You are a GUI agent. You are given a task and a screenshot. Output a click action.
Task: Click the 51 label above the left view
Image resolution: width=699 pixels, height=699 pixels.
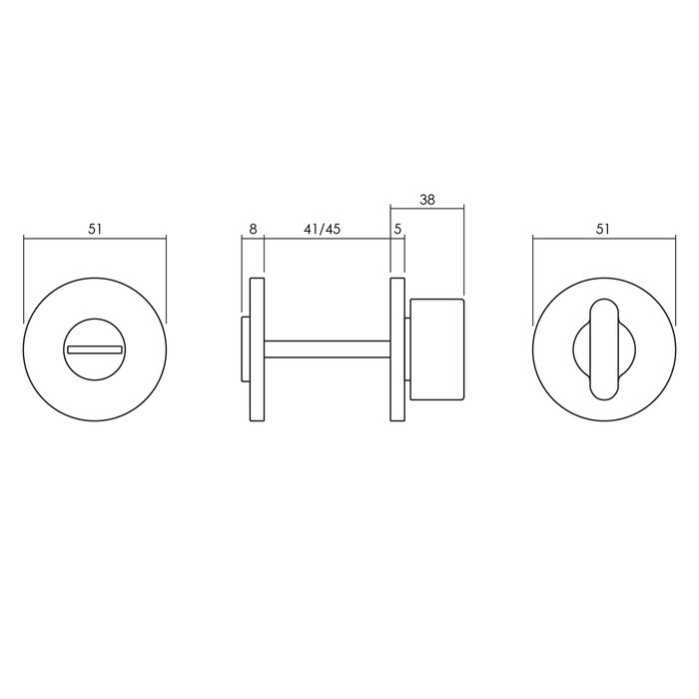point(95,229)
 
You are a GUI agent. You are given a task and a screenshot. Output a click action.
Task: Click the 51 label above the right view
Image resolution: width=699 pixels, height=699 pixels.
point(602,229)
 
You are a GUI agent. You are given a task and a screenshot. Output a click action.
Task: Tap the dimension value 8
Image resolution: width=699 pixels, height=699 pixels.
point(253,229)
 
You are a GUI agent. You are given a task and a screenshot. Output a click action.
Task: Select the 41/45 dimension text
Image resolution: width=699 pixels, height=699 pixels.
point(322,229)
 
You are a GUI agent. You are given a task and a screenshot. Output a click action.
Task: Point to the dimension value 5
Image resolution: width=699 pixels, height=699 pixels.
point(397,229)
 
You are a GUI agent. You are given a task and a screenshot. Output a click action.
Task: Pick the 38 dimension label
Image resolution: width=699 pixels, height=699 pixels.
point(426,199)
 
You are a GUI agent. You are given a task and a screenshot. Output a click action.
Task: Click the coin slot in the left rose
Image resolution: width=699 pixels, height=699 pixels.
point(94,349)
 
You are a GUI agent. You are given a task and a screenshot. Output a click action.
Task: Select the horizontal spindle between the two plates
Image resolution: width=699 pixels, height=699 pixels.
point(326,349)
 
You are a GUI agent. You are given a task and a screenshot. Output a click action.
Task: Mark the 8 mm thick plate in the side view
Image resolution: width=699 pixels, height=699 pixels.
point(257,349)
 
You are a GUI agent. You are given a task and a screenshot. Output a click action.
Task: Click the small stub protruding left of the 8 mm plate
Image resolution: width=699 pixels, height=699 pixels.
point(245,349)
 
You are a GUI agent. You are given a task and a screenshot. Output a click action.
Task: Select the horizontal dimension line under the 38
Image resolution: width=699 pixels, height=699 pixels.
point(426,208)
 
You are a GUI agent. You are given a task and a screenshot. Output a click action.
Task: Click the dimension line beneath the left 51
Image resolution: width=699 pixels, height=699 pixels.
point(94,238)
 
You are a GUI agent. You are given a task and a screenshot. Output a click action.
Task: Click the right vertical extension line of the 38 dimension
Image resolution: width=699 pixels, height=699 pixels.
point(464,250)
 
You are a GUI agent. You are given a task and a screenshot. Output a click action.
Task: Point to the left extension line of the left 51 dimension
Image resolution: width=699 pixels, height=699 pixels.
point(22,280)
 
